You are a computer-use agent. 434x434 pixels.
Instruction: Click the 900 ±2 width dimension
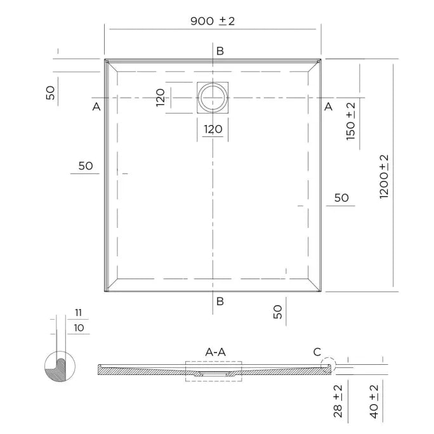[x=213, y=21]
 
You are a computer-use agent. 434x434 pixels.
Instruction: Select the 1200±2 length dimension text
[x=384, y=176]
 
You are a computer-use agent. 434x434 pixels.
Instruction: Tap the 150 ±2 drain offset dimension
[x=351, y=121]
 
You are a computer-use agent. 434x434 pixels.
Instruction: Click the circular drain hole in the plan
[x=213, y=98]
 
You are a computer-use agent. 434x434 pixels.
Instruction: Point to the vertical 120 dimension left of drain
[x=161, y=98]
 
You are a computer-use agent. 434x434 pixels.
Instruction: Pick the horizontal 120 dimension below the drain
[x=213, y=129]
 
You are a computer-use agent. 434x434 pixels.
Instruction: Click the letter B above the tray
[x=220, y=51]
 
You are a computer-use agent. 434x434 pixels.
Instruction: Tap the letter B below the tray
[x=220, y=301]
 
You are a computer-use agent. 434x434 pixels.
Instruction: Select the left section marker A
[x=96, y=107]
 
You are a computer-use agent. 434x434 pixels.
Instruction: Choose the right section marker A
[x=328, y=107]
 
